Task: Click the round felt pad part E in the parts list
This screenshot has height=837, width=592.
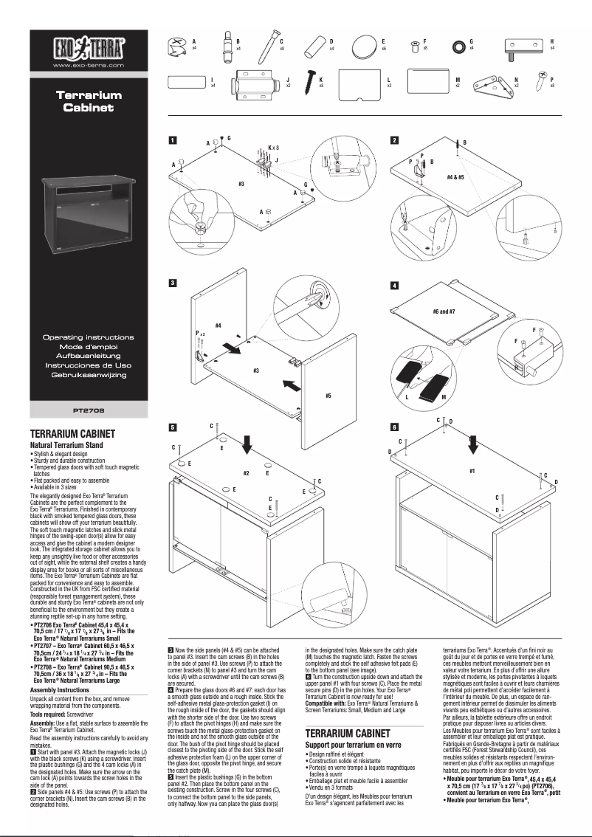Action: [363, 48]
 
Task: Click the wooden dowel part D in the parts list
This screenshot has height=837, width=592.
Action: [315, 46]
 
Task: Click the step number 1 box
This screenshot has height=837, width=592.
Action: [173, 140]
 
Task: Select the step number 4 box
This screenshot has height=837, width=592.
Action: [395, 285]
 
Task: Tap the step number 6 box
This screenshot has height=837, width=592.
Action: [395, 427]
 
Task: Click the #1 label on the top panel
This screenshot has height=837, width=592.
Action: [472, 469]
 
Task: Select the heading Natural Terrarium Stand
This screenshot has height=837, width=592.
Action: [66, 446]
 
